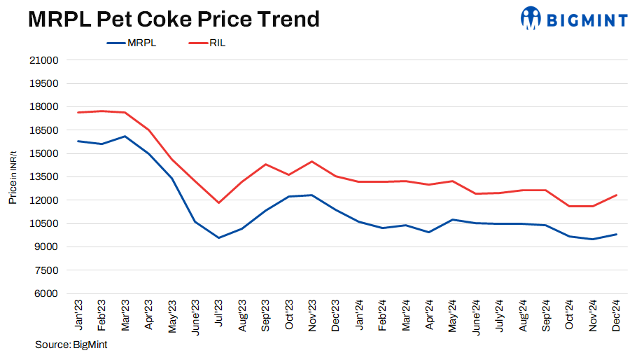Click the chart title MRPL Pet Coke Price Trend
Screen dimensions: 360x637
point(174,19)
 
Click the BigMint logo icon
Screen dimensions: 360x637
point(531,18)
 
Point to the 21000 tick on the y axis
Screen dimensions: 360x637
point(44,60)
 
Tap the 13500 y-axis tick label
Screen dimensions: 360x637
point(44,177)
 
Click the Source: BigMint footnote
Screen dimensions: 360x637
point(71,345)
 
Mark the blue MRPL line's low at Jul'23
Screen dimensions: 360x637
point(218,237)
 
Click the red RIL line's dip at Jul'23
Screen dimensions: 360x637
point(218,203)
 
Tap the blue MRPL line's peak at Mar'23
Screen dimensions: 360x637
point(125,137)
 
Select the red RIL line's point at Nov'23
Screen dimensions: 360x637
point(312,162)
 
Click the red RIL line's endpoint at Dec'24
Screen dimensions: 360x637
point(616,195)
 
